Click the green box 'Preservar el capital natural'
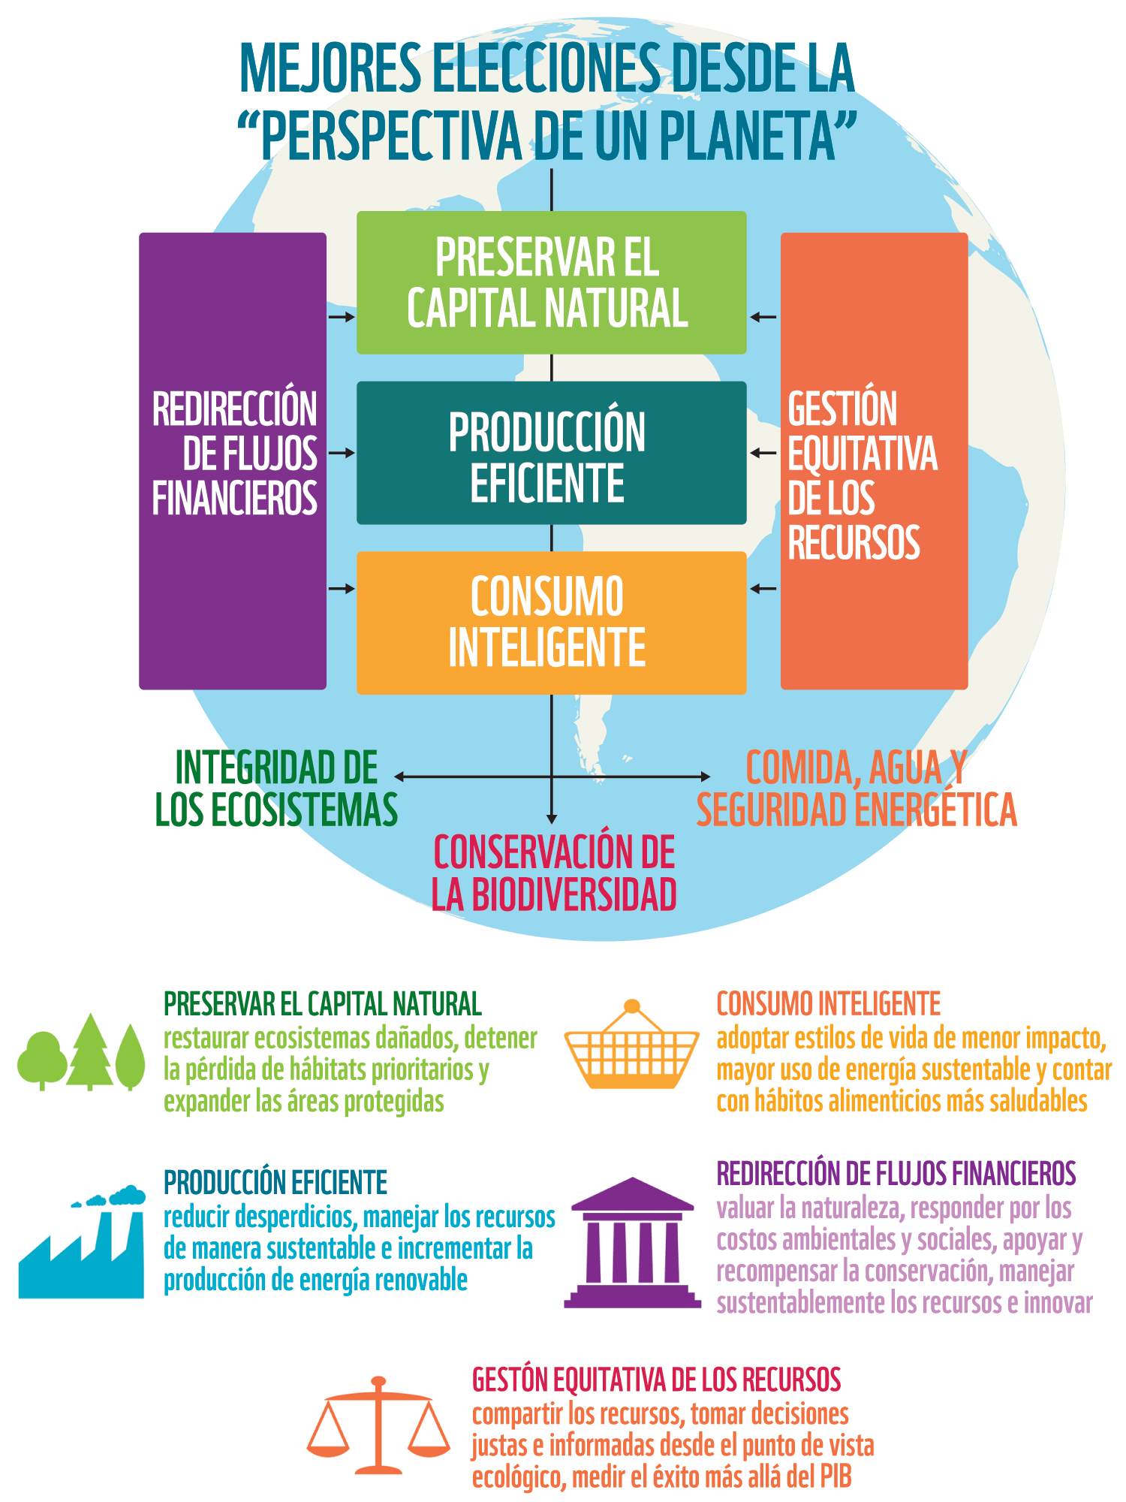pyautogui.click(x=551, y=282)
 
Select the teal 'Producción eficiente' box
pyautogui.click(x=551, y=453)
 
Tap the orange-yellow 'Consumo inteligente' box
pyautogui.click(x=551, y=623)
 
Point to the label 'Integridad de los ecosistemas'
pyautogui.click(x=276, y=789)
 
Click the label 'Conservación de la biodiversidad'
pyautogui.click(x=554, y=873)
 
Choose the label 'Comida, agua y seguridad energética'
pyautogui.click(x=856, y=789)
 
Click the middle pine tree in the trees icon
pyautogui.click(x=90, y=1051)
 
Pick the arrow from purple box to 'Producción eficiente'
pyautogui.click(x=342, y=453)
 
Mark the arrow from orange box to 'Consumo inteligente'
pyautogui.click(x=763, y=589)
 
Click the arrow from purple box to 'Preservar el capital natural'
pyautogui.click(x=342, y=317)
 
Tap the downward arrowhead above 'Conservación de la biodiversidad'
pyautogui.click(x=552, y=819)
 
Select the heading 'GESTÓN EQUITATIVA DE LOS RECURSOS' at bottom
pyautogui.click(x=656, y=1380)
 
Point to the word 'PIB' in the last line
pyautogui.click(x=835, y=1477)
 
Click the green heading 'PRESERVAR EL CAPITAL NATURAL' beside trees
pyautogui.click(x=323, y=1004)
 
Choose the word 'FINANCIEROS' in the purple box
pyautogui.click(x=235, y=498)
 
